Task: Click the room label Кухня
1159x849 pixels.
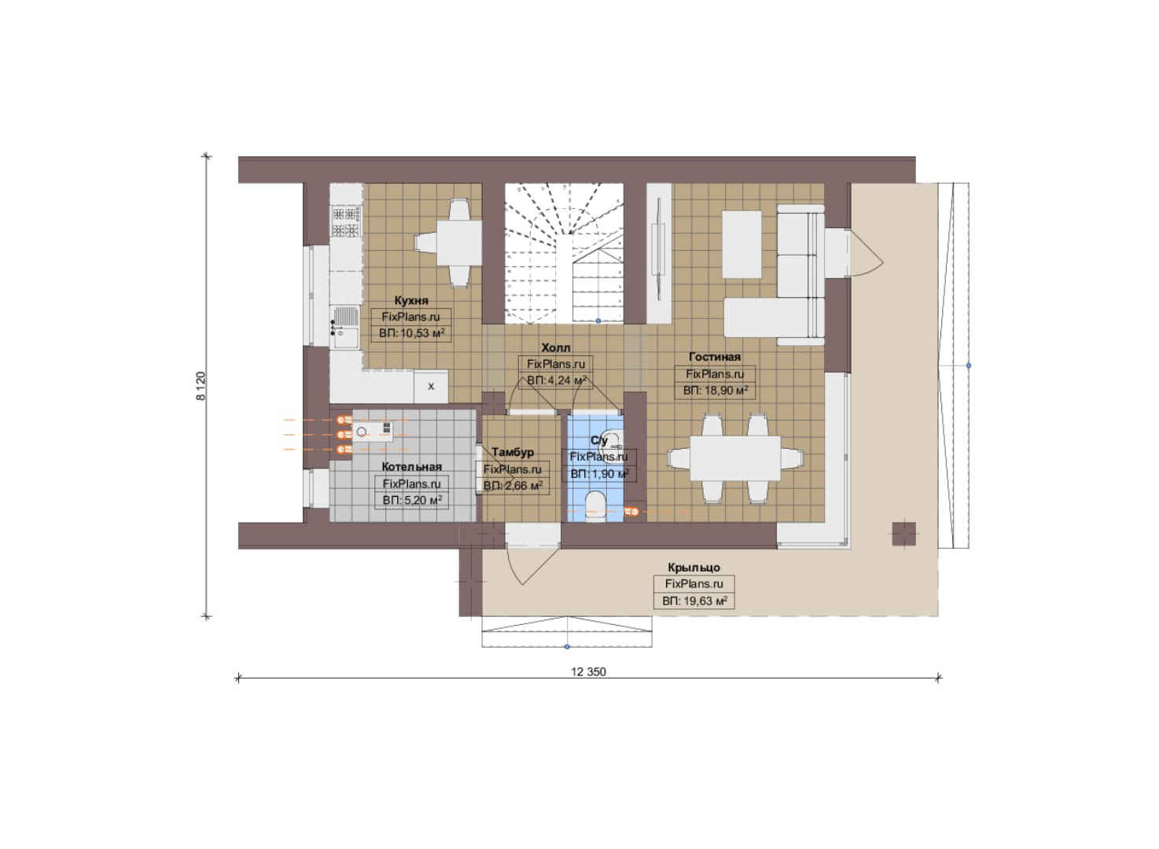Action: pyautogui.click(x=411, y=300)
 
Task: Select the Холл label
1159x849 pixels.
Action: pyautogui.click(x=556, y=347)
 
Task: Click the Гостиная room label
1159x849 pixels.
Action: pyautogui.click(x=715, y=357)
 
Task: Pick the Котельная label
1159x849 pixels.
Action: pyautogui.click(x=412, y=467)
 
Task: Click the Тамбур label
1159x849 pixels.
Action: pyautogui.click(x=513, y=452)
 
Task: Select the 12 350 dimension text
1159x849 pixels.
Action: pyautogui.click(x=588, y=672)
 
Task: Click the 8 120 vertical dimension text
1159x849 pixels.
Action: pyautogui.click(x=201, y=386)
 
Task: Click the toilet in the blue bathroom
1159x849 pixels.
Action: pyautogui.click(x=595, y=505)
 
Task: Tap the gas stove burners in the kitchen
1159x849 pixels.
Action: pyautogui.click(x=346, y=221)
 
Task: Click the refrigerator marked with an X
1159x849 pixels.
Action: pyautogui.click(x=430, y=387)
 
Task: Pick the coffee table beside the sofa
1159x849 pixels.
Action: pyautogui.click(x=741, y=244)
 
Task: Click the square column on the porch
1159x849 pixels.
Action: pyautogui.click(x=904, y=534)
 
